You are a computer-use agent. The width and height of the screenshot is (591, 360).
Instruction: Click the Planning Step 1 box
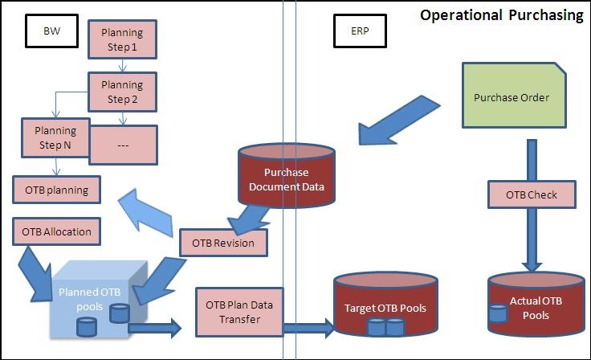pyautogui.click(x=121, y=38)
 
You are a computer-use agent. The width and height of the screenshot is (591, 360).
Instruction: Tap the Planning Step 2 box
pyautogui.click(x=121, y=91)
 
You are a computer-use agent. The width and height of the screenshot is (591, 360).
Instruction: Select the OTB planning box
pyautogui.click(x=56, y=190)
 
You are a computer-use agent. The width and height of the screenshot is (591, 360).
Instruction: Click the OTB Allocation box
pyautogui.click(x=56, y=232)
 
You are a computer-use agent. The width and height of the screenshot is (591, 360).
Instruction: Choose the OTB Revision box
pyautogui.click(x=223, y=243)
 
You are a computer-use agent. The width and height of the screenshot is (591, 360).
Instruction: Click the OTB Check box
pyautogui.click(x=531, y=194)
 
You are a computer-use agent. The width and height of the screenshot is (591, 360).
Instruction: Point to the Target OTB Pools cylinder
pyautogui.click(x=385, y=307)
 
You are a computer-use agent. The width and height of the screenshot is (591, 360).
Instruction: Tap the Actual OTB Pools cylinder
pyautogui.click(x=530, y=308)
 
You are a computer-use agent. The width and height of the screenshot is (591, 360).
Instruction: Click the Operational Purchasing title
pyautogui.click(x=502, y=15)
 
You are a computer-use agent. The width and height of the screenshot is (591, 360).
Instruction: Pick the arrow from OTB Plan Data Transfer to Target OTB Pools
pyautogui.click(x=307, y=327)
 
